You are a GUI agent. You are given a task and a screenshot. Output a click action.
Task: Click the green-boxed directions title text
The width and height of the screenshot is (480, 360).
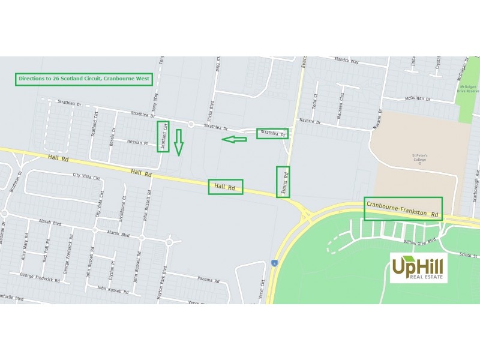tap(83, 79)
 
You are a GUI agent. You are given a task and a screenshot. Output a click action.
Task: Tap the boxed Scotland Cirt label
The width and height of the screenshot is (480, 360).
tap(163, 136)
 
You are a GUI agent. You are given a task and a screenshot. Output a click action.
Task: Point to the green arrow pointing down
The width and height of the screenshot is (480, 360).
tap(178, 142)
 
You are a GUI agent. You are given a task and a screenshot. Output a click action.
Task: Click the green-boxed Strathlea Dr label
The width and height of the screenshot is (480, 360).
tap(272, 134)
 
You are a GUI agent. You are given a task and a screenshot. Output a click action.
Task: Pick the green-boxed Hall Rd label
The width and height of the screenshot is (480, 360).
tap(226, 187)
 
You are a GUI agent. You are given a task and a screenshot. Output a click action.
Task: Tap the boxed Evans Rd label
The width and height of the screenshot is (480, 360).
tap(283, 182)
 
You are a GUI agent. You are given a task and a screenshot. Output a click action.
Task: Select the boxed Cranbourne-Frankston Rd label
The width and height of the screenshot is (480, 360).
tap(403, 208)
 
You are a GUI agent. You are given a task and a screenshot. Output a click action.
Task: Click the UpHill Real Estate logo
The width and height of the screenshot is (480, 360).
tap(418, 268)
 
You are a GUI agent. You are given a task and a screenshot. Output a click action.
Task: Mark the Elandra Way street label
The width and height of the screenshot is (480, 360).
tap(346, 62)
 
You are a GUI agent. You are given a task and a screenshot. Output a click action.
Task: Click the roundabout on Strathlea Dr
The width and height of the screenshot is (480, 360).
tap(190, 125)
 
